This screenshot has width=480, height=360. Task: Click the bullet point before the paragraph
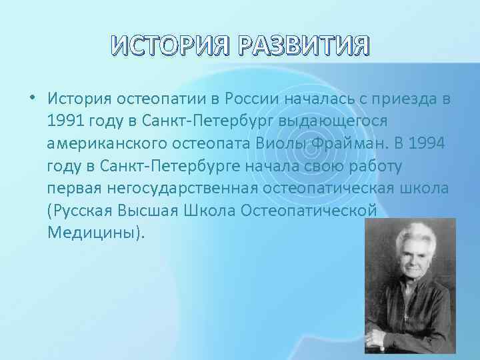click(32, 99)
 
